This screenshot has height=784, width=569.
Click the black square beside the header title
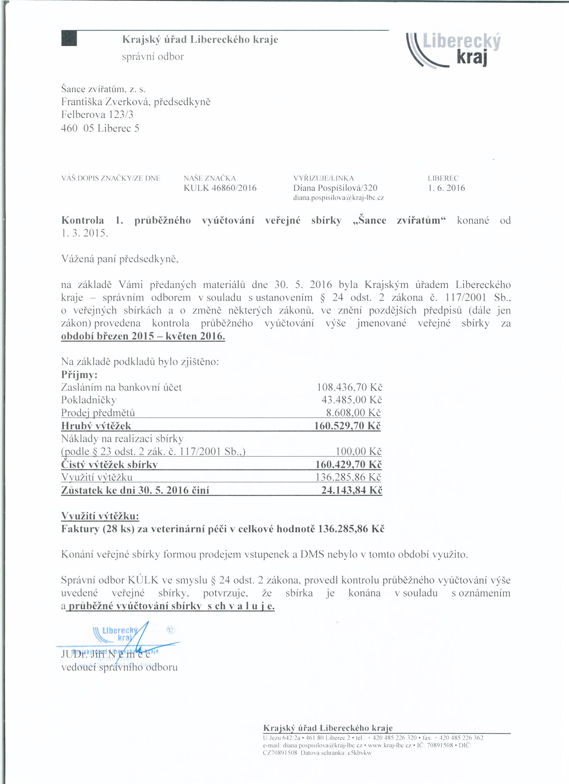click(69, 38)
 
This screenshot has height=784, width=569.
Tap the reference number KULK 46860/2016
click(220, 188)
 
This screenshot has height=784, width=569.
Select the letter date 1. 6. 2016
click(446, 188)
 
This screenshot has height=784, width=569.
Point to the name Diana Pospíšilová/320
click(335, 188)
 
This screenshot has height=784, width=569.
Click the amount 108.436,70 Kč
click(349, 388)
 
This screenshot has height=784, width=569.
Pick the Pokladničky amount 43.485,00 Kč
click(351, 400)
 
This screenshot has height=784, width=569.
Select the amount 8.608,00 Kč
click(353, 413)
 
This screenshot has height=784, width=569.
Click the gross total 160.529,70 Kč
click(347, 426)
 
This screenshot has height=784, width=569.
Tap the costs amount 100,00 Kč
click(358, 452)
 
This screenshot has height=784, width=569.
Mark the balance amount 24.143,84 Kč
click(351, 490)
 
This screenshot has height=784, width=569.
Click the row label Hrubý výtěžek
click(96, 426)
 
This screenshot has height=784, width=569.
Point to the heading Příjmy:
click(79, 375)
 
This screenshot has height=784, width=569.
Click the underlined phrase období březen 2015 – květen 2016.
click(143, 336)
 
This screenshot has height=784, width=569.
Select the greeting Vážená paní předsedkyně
click(120, 259)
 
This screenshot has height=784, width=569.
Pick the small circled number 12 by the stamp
click(171, 630)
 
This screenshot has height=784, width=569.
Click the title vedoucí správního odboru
click(119, 667)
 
